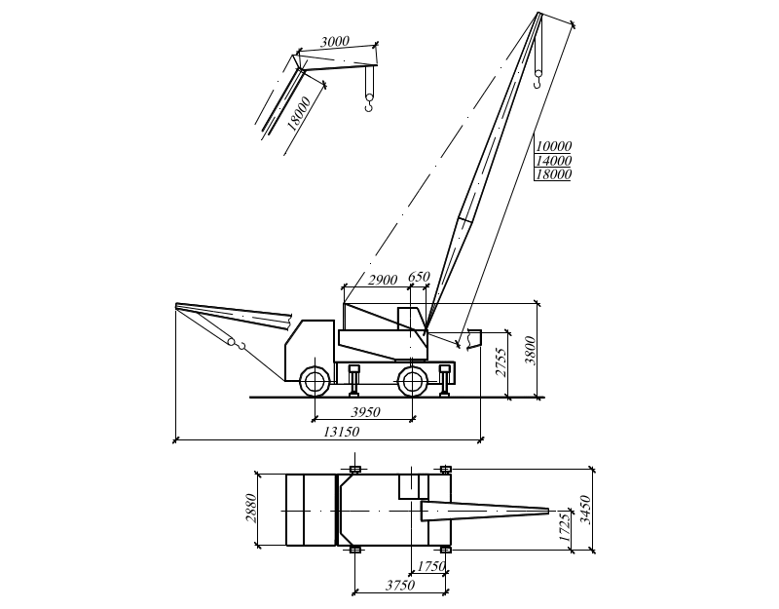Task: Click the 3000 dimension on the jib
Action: pyautogui.click(x=334, y=42)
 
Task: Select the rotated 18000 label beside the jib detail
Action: pyautogui.click(x=299, y=114)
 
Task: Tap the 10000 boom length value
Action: pyautogui.click(x=553, y=146)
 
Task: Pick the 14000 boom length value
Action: pyautogui.click(x=553, y=161)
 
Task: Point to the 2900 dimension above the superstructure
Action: pyautogui.click(x=383, y=280)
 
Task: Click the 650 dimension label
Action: pyautogui.click(x=419, y=277)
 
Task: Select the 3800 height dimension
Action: pyautogui.click(x=531, y=351)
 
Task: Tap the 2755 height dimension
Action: pyautogui.click(x=501, y=362)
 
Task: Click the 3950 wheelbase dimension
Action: pyautogui.click(x=365, y=412)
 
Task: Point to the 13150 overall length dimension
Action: pyautogui.click(x=342, y=432)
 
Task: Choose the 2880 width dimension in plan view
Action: pyautogui.click(x=252, y=508)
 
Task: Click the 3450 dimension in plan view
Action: pyautogui.click(x=586, y=510)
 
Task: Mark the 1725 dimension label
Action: pyautogui.click(x=564, y=527)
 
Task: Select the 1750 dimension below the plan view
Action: pyautogui.click(x=430, y=566)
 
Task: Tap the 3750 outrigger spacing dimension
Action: pyautogui.click(x=400, y=586)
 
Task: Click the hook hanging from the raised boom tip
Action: pyautogui.click(x=538, y=79)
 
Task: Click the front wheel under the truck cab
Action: pyautogui.click(x=315, y=381)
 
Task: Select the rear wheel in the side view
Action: pyautogui.click(x=412, y=381)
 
